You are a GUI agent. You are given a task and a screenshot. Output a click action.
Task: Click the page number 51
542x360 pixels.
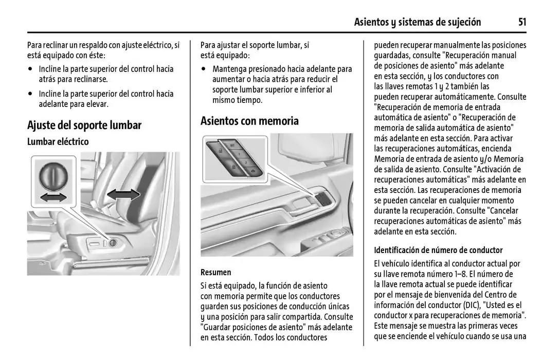pyautogui.click(x=522, y=22)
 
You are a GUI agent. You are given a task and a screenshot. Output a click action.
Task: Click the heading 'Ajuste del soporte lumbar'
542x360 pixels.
pyautogui.click(x=84, y=125)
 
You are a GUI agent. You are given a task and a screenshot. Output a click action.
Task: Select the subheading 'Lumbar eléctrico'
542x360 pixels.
pyautogui.click(x=58, y=141)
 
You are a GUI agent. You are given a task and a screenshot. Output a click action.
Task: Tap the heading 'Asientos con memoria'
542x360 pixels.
pyautogui.click(x=249, y=121)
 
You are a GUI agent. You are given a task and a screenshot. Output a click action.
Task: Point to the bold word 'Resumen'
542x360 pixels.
pyautogui.click(x=215, y=272)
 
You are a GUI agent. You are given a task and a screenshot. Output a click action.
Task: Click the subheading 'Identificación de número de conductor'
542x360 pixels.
pyautogui.click(x=438, y=250)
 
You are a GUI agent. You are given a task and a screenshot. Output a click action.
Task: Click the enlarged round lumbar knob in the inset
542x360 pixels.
pyautogui.click(x=52, y=176)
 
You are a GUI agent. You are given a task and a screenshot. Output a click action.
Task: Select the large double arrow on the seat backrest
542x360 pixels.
pyautogui.click(x=123, y=194)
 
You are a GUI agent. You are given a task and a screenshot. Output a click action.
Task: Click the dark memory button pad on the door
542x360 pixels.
pyautogui.click(x=322, y=197)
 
